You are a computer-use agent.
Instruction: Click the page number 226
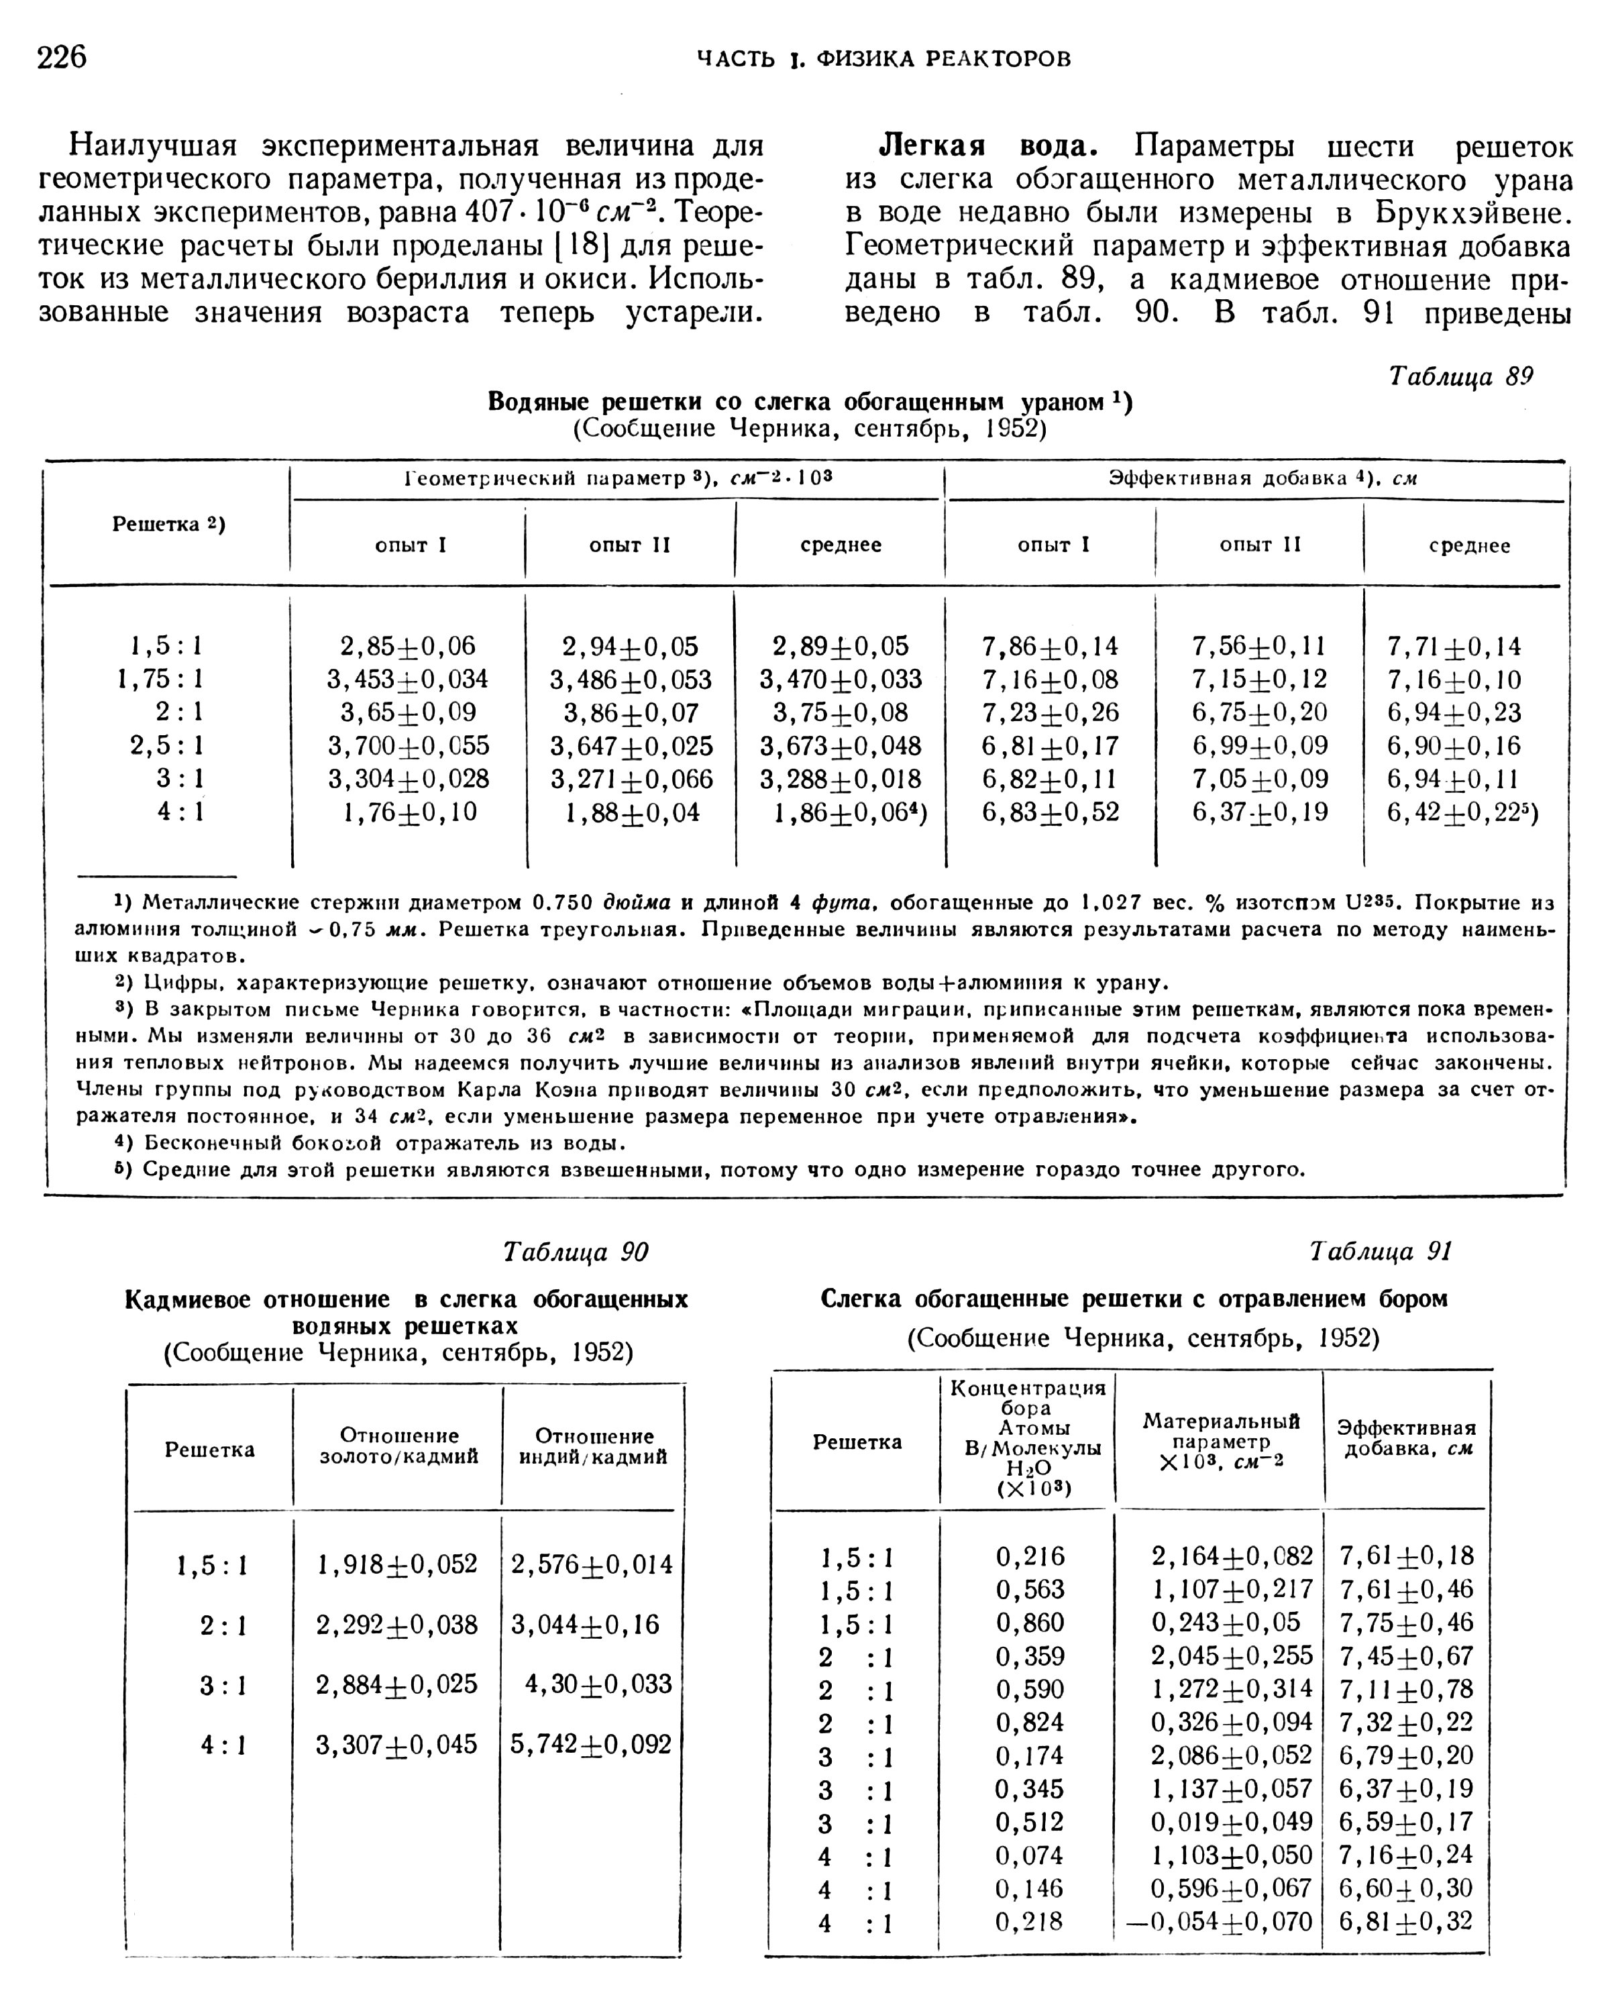(61, 58)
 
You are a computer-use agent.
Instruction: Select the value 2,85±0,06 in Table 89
(408, 646)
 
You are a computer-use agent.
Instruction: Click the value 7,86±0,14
(1050, 646)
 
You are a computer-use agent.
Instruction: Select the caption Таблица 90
(575, 1252)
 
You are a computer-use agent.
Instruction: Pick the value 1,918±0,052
(396, 1564)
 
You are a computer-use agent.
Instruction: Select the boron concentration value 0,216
(1029, 1556)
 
